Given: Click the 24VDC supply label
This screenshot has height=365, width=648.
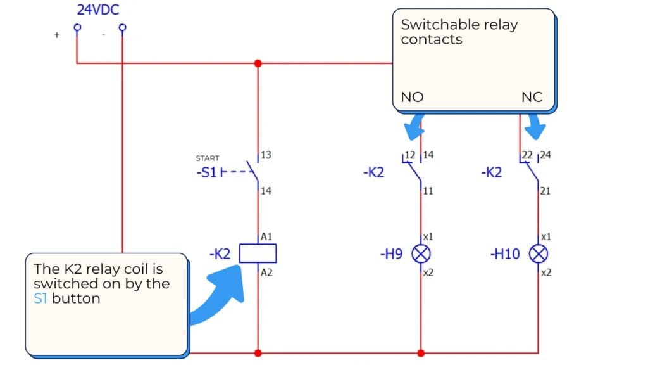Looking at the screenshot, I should [x=97, y=10].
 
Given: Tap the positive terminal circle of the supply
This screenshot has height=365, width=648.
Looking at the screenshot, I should [x=77, y=27].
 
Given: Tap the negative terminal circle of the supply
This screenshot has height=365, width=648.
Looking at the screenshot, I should [x=122, y=27].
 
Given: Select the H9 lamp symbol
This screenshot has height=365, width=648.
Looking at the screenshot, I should [x=421, y=254].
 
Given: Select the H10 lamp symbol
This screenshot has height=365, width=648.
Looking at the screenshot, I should [x=539, y=254].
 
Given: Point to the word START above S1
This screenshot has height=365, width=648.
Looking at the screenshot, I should [x=208, y=158].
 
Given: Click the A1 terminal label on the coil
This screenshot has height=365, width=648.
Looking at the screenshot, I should [x=266, y=236].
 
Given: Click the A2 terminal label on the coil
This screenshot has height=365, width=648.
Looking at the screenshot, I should [x=266, y=272].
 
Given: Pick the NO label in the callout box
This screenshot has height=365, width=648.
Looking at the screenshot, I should [x=412, y=98].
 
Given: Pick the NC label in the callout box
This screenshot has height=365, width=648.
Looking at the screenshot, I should [x=531, y=98].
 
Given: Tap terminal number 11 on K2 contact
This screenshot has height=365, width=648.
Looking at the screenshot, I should [x=428, y=190].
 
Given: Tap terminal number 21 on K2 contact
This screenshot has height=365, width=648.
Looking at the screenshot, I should [x=545, y=190].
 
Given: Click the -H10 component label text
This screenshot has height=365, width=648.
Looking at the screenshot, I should [x=504, y=254].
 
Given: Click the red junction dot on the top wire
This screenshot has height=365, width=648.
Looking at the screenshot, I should [x=258, y=63].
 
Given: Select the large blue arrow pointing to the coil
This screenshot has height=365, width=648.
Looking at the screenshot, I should [x=218, y=295].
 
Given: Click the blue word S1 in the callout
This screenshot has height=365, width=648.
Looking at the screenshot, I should [x=40, y=298].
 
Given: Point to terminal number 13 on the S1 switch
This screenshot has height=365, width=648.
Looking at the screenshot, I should [x=266, y=155].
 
